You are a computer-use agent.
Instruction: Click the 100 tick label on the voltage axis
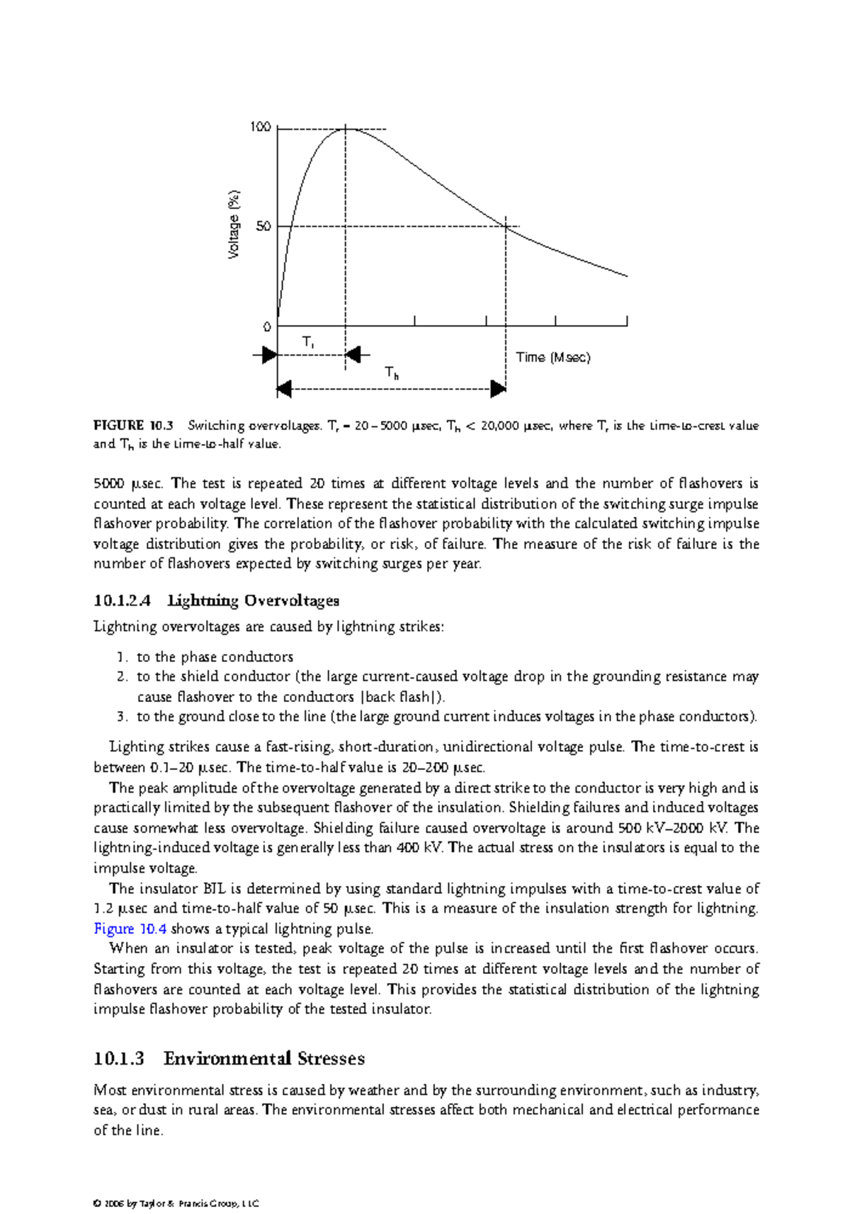[260, 127]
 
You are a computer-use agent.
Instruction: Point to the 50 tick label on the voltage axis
[263, 227]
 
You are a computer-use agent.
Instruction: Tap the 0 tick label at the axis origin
[267, 327]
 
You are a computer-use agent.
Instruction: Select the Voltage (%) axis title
[234, 225]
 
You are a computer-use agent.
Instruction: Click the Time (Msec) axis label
[552, 358]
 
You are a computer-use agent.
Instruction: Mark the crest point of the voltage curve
[346, 129]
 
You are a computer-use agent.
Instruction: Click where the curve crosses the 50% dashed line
[506, 227]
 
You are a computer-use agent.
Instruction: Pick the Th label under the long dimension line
[392, 373]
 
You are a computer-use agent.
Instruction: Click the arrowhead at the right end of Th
[499, 389]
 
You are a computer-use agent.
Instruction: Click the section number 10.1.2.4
[122, 601]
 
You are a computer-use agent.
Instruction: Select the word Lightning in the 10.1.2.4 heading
[203, 601]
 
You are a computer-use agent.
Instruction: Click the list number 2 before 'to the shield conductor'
[122, 676]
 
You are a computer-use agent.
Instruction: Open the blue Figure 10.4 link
[130, 929]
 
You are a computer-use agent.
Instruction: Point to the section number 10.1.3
[118, 1059]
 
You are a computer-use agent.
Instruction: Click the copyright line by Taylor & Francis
[176, 1203]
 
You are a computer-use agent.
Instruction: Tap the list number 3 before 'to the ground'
[122, 717]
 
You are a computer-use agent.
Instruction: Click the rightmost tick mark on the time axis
[627, 322]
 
